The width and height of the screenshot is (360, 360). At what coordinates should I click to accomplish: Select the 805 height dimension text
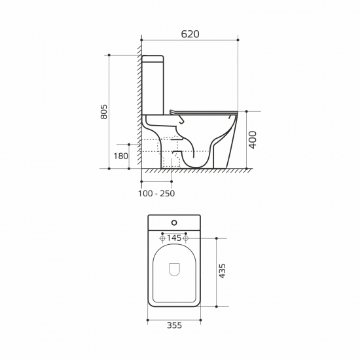pyautogui.click(x=104, y=112)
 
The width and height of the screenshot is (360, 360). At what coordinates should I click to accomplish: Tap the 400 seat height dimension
pyautogui.click(x=253, y=139)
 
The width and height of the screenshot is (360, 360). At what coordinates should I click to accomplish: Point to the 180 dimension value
pyautogui.click(x=120, y=156)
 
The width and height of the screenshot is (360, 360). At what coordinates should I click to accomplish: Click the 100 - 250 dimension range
pyautogui.click(x=156, y=193)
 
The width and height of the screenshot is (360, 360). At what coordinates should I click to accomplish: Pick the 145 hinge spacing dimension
pyautogui.click(x=174, y=238)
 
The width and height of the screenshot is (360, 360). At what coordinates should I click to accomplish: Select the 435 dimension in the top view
pyautogui.click(x=222, y=271)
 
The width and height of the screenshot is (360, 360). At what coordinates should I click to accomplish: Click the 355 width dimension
pyautogui.click(x=173, y=325)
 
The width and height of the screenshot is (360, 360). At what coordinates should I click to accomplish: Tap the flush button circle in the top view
pyautogui.click(x=174, y=223)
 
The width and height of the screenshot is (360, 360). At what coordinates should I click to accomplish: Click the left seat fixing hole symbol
pyautogui.click(x=162, y=238)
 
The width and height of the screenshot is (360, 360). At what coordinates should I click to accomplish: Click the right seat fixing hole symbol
pyautogui.click(x=186, y=238)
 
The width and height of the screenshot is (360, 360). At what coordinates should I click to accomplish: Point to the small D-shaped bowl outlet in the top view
pyautogui.click(x=174, y=268)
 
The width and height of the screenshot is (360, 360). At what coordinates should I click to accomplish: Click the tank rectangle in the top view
pyautogui.click(x=174, y=223)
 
